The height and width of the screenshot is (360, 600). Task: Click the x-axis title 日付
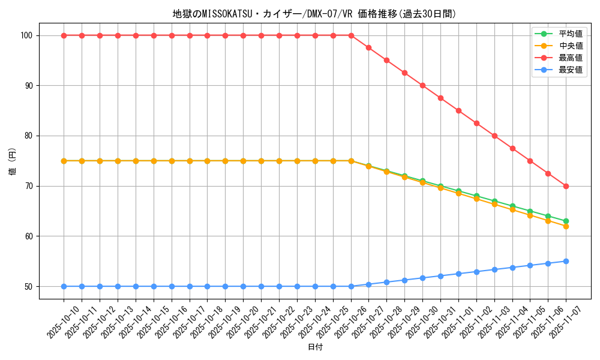coord(315,347)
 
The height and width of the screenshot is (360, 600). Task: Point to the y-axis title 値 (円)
coord(13,161)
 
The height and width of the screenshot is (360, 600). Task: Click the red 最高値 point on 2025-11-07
coord(566,186)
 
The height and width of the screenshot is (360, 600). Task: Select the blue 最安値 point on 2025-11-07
coord(566,261)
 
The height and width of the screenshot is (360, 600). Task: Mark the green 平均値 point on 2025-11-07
coord(566,221)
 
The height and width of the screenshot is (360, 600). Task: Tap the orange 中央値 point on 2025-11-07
coord(566,226)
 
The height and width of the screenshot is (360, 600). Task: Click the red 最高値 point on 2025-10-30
coord(422,85)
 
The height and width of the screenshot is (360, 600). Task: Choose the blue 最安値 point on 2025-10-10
coord(64,286)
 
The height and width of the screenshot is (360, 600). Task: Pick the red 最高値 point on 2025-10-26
coord(351,35)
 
